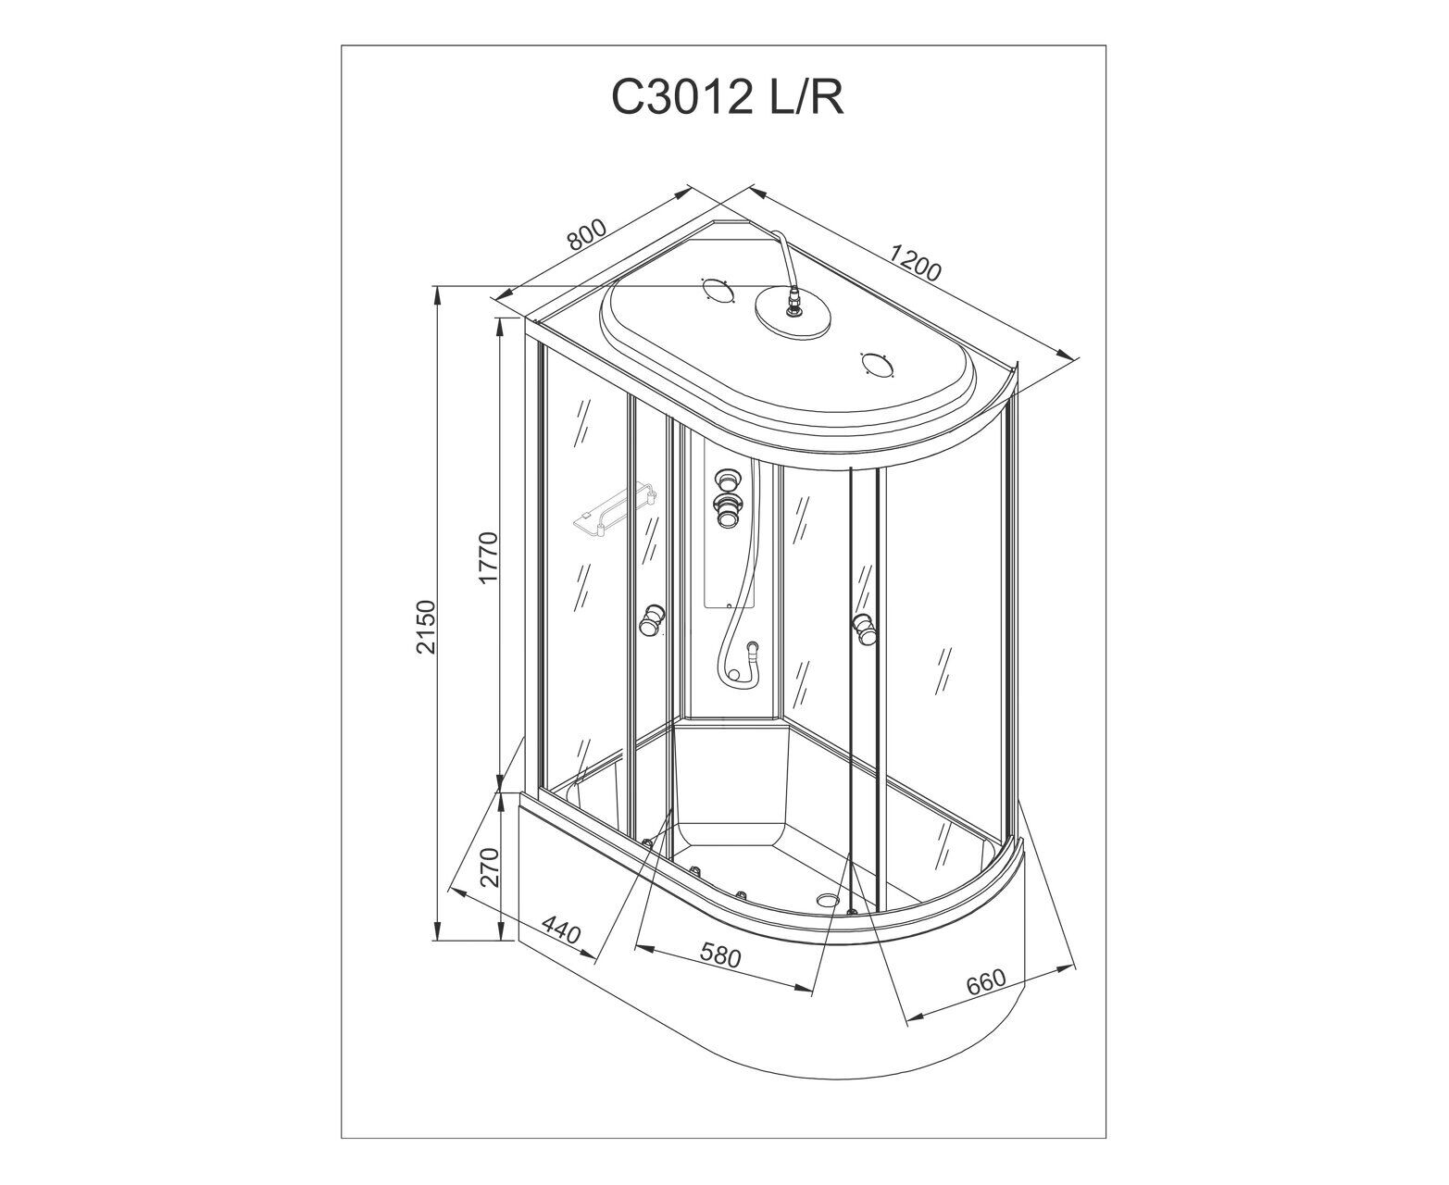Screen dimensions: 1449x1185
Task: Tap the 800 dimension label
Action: pos(586,234)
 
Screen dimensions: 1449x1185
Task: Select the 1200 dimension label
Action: pos(915,263)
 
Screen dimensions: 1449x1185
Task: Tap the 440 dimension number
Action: pos(561,929)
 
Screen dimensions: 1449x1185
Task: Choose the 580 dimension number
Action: pos(720,956)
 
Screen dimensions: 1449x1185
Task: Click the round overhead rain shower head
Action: pos(793,313)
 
